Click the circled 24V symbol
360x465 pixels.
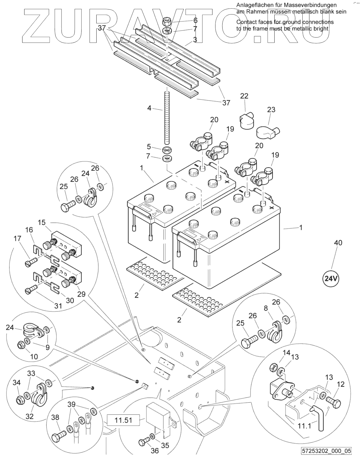(330, 278)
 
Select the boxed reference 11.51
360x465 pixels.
(124, 419)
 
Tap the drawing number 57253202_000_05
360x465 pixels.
(326, 459)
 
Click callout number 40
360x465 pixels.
(338, 243)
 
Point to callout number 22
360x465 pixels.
(244, 96)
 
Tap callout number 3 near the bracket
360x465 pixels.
(195, 39)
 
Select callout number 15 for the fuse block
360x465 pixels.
(42, 222)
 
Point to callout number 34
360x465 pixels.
(17, 383)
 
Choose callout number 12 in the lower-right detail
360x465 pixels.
(340, 384)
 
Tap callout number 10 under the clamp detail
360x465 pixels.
(34, 357)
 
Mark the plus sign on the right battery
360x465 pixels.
(272, 208)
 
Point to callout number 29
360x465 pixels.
(81, 294)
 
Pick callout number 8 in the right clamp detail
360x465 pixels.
(266, 308)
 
